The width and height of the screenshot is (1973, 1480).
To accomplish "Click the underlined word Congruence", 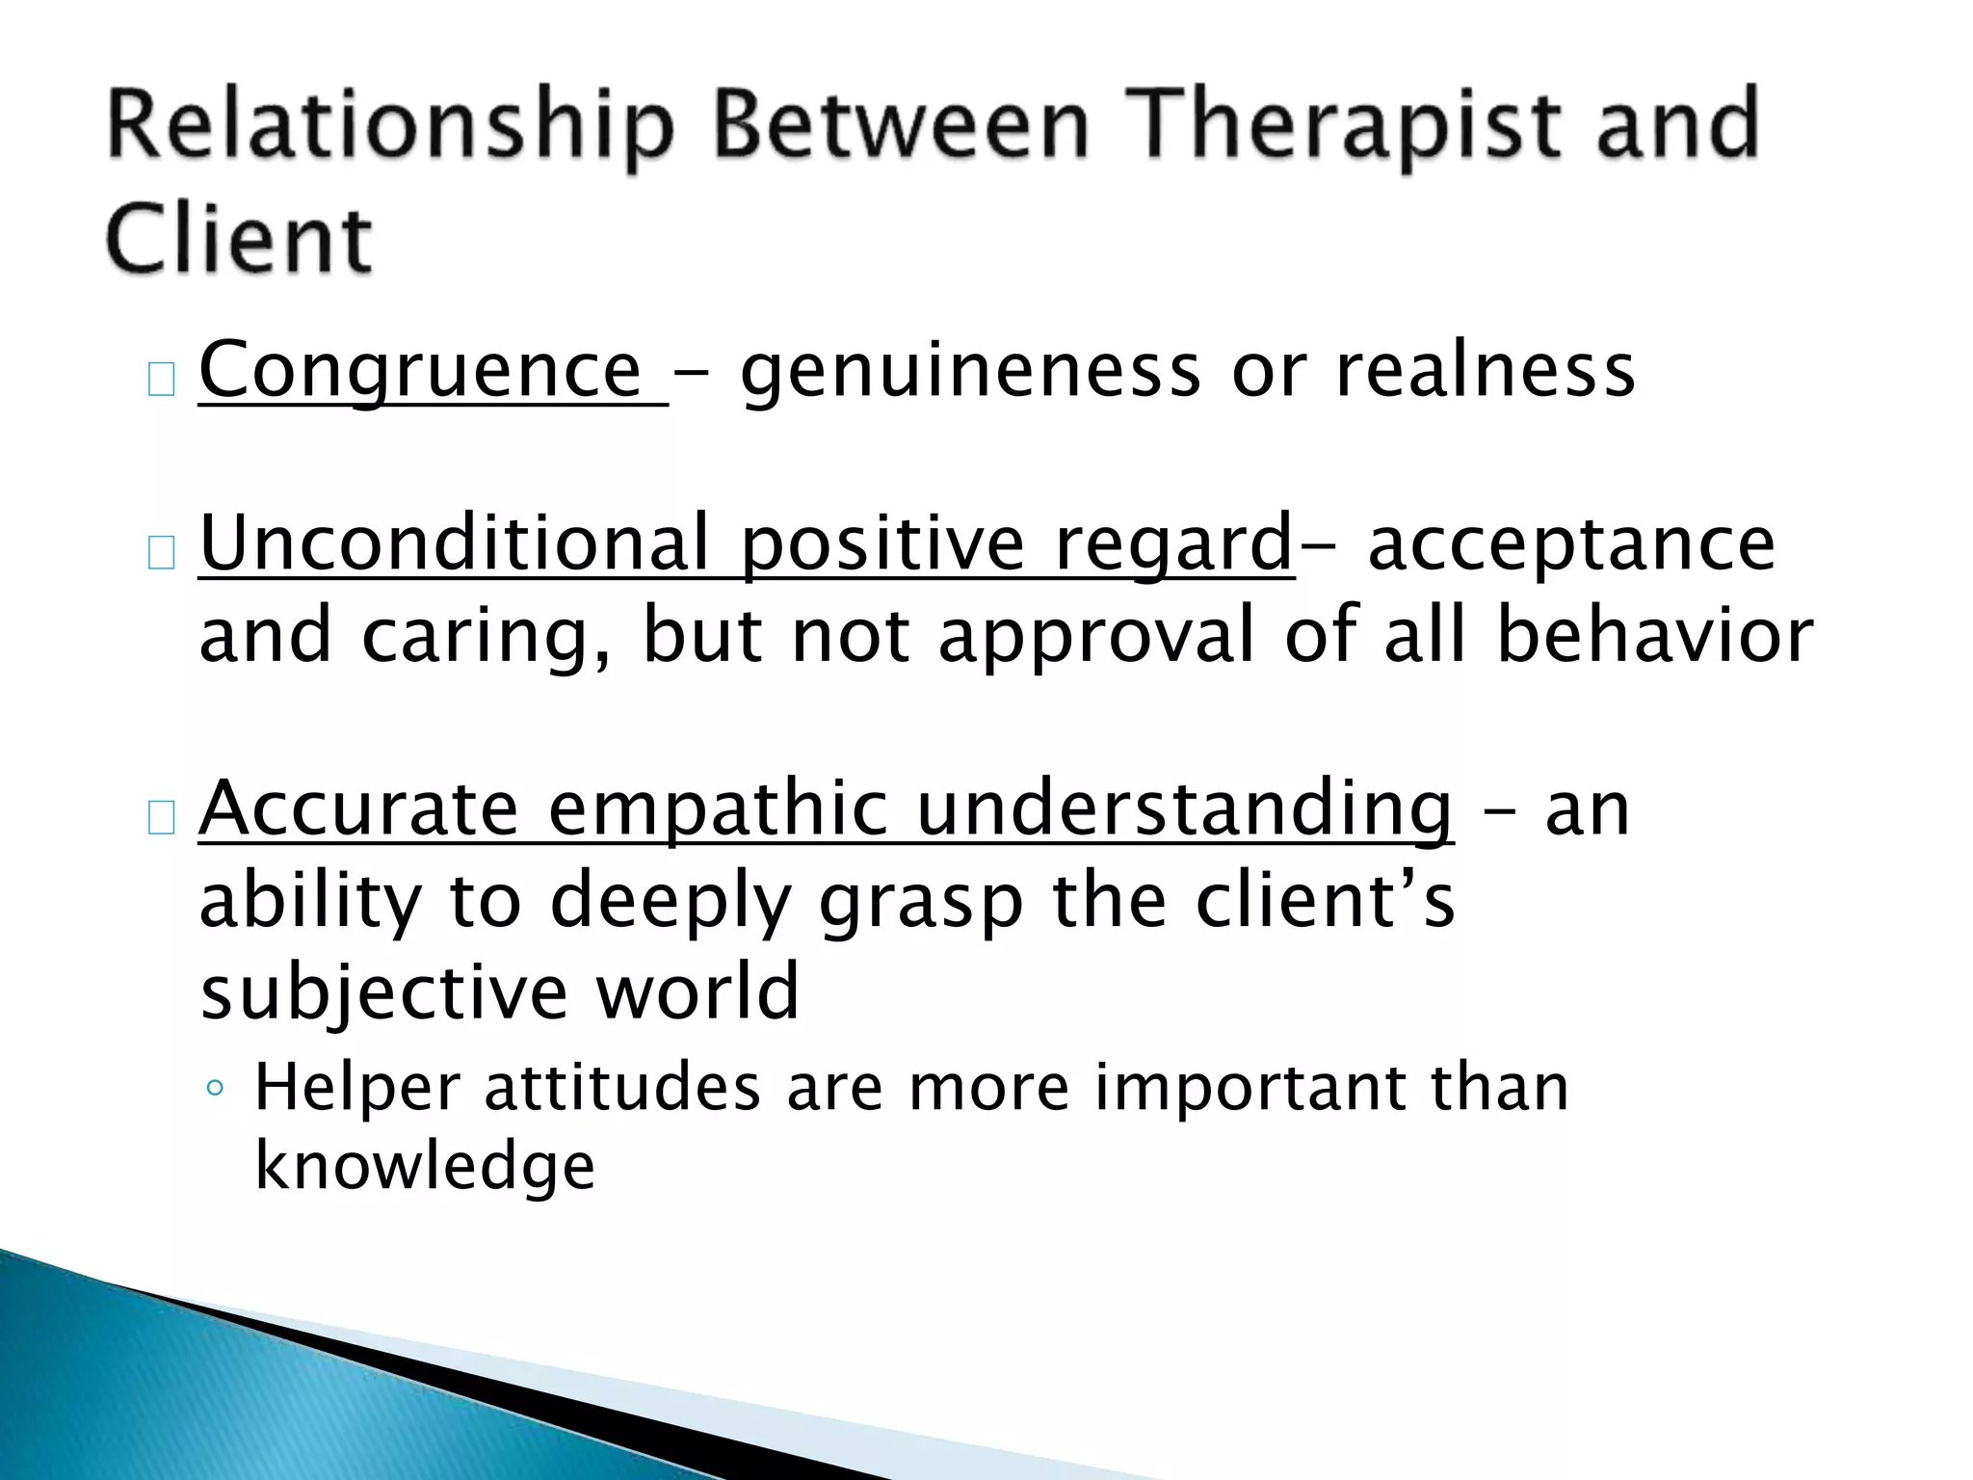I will click(x=420, y=371).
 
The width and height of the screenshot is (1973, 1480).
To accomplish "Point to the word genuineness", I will click(x=971, y=371).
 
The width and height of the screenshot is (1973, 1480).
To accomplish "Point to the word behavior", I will click(x=1654, y=636).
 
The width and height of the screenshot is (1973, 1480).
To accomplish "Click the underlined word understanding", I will click(x=1184, y=809).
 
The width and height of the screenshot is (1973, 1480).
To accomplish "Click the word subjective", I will click(x=383, y=991).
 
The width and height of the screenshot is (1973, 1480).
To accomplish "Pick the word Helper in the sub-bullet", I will click(x=356, y=1088).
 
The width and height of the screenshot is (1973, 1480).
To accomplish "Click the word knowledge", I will click(x=425, y=1166).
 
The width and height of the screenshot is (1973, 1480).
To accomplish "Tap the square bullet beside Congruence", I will click(x=161, y=381).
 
